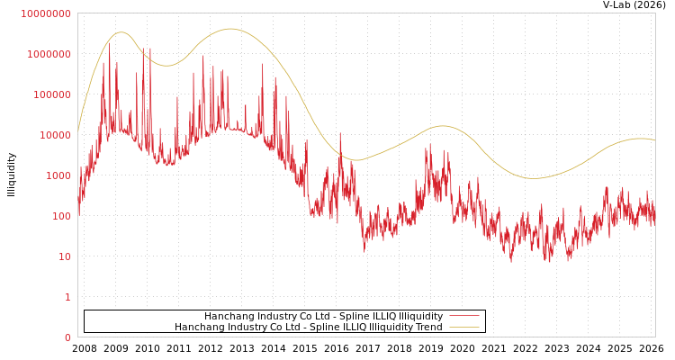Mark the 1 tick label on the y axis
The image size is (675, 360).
[67, 297]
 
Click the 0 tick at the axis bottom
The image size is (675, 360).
[67, 337]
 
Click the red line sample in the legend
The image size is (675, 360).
[463, 316]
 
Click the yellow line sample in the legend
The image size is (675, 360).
[463, 327]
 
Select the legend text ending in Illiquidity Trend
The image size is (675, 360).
[309, 327]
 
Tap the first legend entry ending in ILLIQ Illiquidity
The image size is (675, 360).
[323, 316]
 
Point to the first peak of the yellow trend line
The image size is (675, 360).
[121, 32]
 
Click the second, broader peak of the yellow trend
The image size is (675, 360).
[229, 29]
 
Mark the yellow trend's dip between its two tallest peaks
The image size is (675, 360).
[165, 65]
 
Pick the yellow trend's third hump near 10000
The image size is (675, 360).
[441, 126]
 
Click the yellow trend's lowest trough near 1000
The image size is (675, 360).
[535, 178]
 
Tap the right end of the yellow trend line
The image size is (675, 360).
[654, 140]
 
